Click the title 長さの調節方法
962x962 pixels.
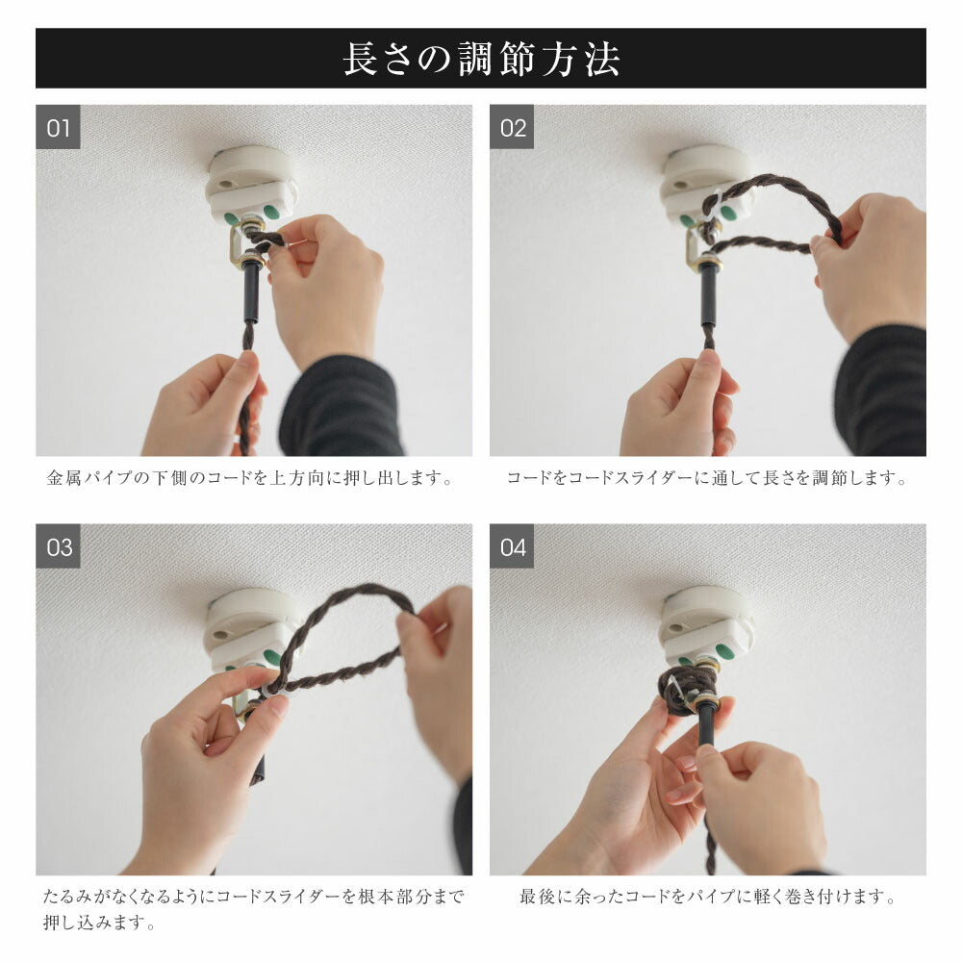[481, 59]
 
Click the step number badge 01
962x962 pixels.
[58, 127]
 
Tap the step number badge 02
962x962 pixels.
[512, 127]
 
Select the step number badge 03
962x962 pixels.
[58, 546]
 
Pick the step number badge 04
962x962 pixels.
[512, 546]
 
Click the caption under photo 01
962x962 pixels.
[250, 478]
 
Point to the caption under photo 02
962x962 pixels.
[707, 478]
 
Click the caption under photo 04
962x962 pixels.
[707, 897]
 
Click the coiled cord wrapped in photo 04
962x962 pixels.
[687, 689]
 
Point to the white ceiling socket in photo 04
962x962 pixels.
[705, 626]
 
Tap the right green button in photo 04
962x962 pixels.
[726, 651]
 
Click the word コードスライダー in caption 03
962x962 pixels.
[279, 897]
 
